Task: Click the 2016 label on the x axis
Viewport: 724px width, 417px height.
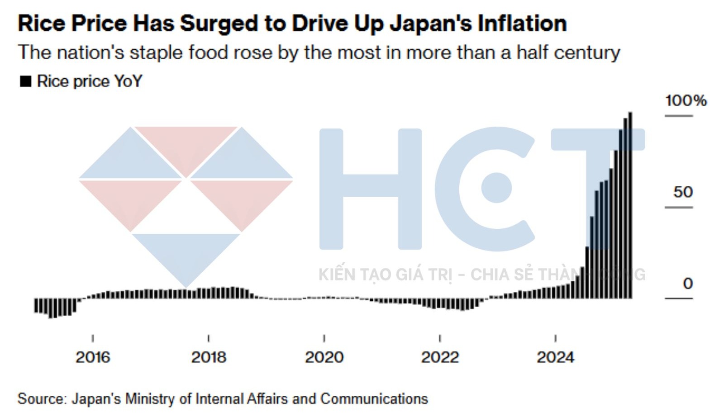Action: (x=93, y=357)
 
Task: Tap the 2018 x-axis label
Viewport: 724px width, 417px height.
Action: (x=208, y=357)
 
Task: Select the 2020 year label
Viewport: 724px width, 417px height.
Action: (x=324, y=357)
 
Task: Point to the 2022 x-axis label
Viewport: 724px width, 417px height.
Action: (x=440, y=357)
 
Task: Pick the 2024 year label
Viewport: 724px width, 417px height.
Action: (x=555, y=357)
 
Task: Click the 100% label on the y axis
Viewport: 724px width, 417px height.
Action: (x=686, y=100)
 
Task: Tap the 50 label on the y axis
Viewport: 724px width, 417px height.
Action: (x=683, y=192)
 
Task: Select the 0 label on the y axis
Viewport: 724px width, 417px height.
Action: (x=688, y=284)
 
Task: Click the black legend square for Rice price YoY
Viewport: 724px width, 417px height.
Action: (x=26, y=81)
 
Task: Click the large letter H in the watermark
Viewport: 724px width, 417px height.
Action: (x=370, y=189)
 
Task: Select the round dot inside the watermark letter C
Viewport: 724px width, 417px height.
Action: (x=496, y=188)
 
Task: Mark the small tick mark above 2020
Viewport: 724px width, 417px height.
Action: (x=324, y=338)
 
